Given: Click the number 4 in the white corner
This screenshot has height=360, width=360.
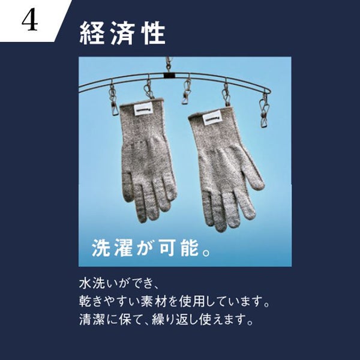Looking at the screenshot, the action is coord(29,20).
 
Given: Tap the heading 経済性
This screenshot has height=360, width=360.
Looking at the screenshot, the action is coord(122,33).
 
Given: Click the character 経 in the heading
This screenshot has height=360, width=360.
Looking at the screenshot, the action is coord(91,33).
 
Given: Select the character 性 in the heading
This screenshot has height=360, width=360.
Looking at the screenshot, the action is coord(154,33).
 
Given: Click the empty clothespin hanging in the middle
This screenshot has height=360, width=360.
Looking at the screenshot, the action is coord(187,91).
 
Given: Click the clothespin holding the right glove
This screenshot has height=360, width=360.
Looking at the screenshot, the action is coord(226,94).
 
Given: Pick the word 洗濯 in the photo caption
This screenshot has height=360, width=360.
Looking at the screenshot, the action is coord(112,248).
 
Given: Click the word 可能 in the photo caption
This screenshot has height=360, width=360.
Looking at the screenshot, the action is coord(179,248).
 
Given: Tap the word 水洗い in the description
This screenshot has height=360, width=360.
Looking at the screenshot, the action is coord(98,284).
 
